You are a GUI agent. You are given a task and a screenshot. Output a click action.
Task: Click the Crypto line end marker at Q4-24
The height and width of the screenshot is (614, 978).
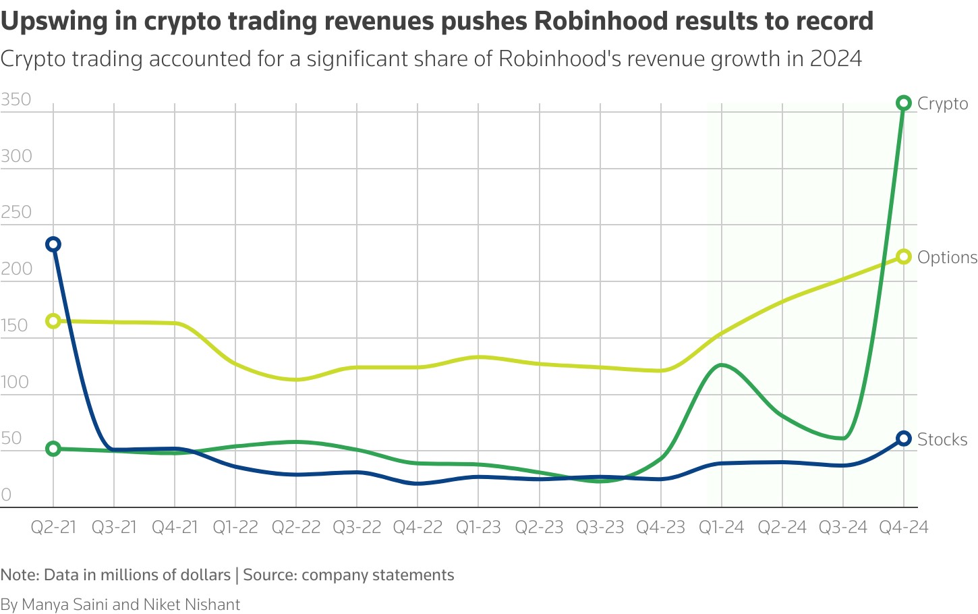click(904, 103)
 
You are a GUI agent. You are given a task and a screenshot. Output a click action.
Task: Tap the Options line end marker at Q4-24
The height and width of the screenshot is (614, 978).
click(904, 257)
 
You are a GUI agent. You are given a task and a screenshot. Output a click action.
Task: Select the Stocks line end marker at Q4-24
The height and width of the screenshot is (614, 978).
click(904, 439)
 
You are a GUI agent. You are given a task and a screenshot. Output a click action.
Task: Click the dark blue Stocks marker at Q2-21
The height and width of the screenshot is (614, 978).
click(53, 244)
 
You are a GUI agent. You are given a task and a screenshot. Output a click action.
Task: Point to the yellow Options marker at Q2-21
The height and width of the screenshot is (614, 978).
click(53, 321)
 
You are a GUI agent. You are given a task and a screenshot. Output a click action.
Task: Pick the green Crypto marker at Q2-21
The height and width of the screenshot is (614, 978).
click(53, 449)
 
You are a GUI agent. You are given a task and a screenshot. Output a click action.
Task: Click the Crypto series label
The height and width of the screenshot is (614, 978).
click(942, 104)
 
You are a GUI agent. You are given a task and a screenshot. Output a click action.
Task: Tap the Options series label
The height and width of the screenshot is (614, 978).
click(947, 258)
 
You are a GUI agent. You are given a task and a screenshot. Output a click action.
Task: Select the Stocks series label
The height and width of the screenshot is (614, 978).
click(942, 440)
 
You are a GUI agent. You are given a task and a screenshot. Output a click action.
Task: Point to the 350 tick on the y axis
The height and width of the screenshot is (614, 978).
click(16, 100)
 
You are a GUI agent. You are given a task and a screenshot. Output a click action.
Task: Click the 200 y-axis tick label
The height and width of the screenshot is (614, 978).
click(16, 269)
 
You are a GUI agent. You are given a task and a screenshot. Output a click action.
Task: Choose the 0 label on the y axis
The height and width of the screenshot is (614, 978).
click(7, 495)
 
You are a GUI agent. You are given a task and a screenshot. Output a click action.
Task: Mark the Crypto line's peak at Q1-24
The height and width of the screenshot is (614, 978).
click(722, 365)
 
